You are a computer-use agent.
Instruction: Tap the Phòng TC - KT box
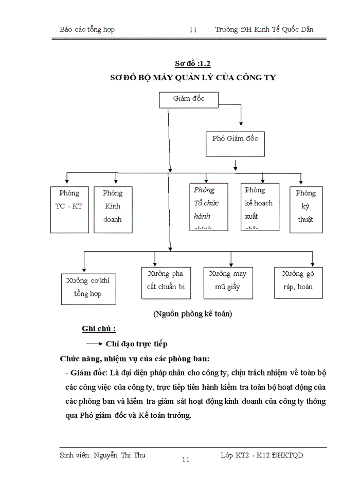point(69,206)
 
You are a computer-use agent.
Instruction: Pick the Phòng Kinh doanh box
point(113,206)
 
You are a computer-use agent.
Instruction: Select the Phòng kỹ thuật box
point(305,206)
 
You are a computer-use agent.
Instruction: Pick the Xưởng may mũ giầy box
point(227,283)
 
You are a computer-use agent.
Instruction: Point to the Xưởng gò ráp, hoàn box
point(298,283)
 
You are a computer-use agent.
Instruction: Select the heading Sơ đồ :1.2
point(193,64)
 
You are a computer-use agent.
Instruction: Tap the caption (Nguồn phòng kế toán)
point(193,314)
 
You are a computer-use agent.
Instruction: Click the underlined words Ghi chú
point(98,329)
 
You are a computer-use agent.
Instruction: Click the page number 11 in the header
point(193,30)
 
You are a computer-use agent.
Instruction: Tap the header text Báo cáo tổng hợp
point(87,29)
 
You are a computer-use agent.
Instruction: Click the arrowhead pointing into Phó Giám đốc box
point(241,123)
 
